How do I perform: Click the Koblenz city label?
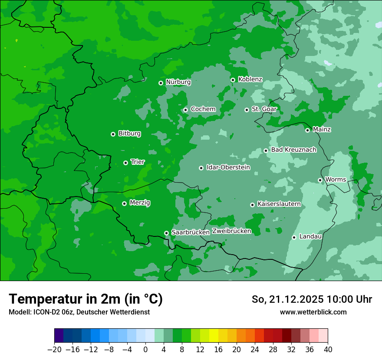[x=250, y=79]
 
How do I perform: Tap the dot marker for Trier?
[x=125, y=163]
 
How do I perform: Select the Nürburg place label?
[x=178, y=82]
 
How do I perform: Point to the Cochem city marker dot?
[x=185, y=110]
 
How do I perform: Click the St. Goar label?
[x=264, y=109]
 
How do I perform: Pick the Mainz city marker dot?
[x=307, y=130]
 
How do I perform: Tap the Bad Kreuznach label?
[x=293, y=150]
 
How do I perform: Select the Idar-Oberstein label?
[x=228, y=167]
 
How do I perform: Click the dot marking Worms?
[x=320, y=180]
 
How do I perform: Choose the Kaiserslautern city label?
[x=279, y=204]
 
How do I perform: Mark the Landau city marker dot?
[x=294, y=237]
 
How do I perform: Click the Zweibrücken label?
[x=231, y=231]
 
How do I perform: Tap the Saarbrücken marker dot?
[x=166, y=233]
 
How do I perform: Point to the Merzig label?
[x=140, y=203]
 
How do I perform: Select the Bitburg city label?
[x=129, y=134]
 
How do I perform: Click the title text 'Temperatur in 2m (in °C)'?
[x=86, y=299]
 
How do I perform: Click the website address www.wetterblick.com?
[x=313, y=312]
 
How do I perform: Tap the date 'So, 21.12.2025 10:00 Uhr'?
[x=312, y=299]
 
